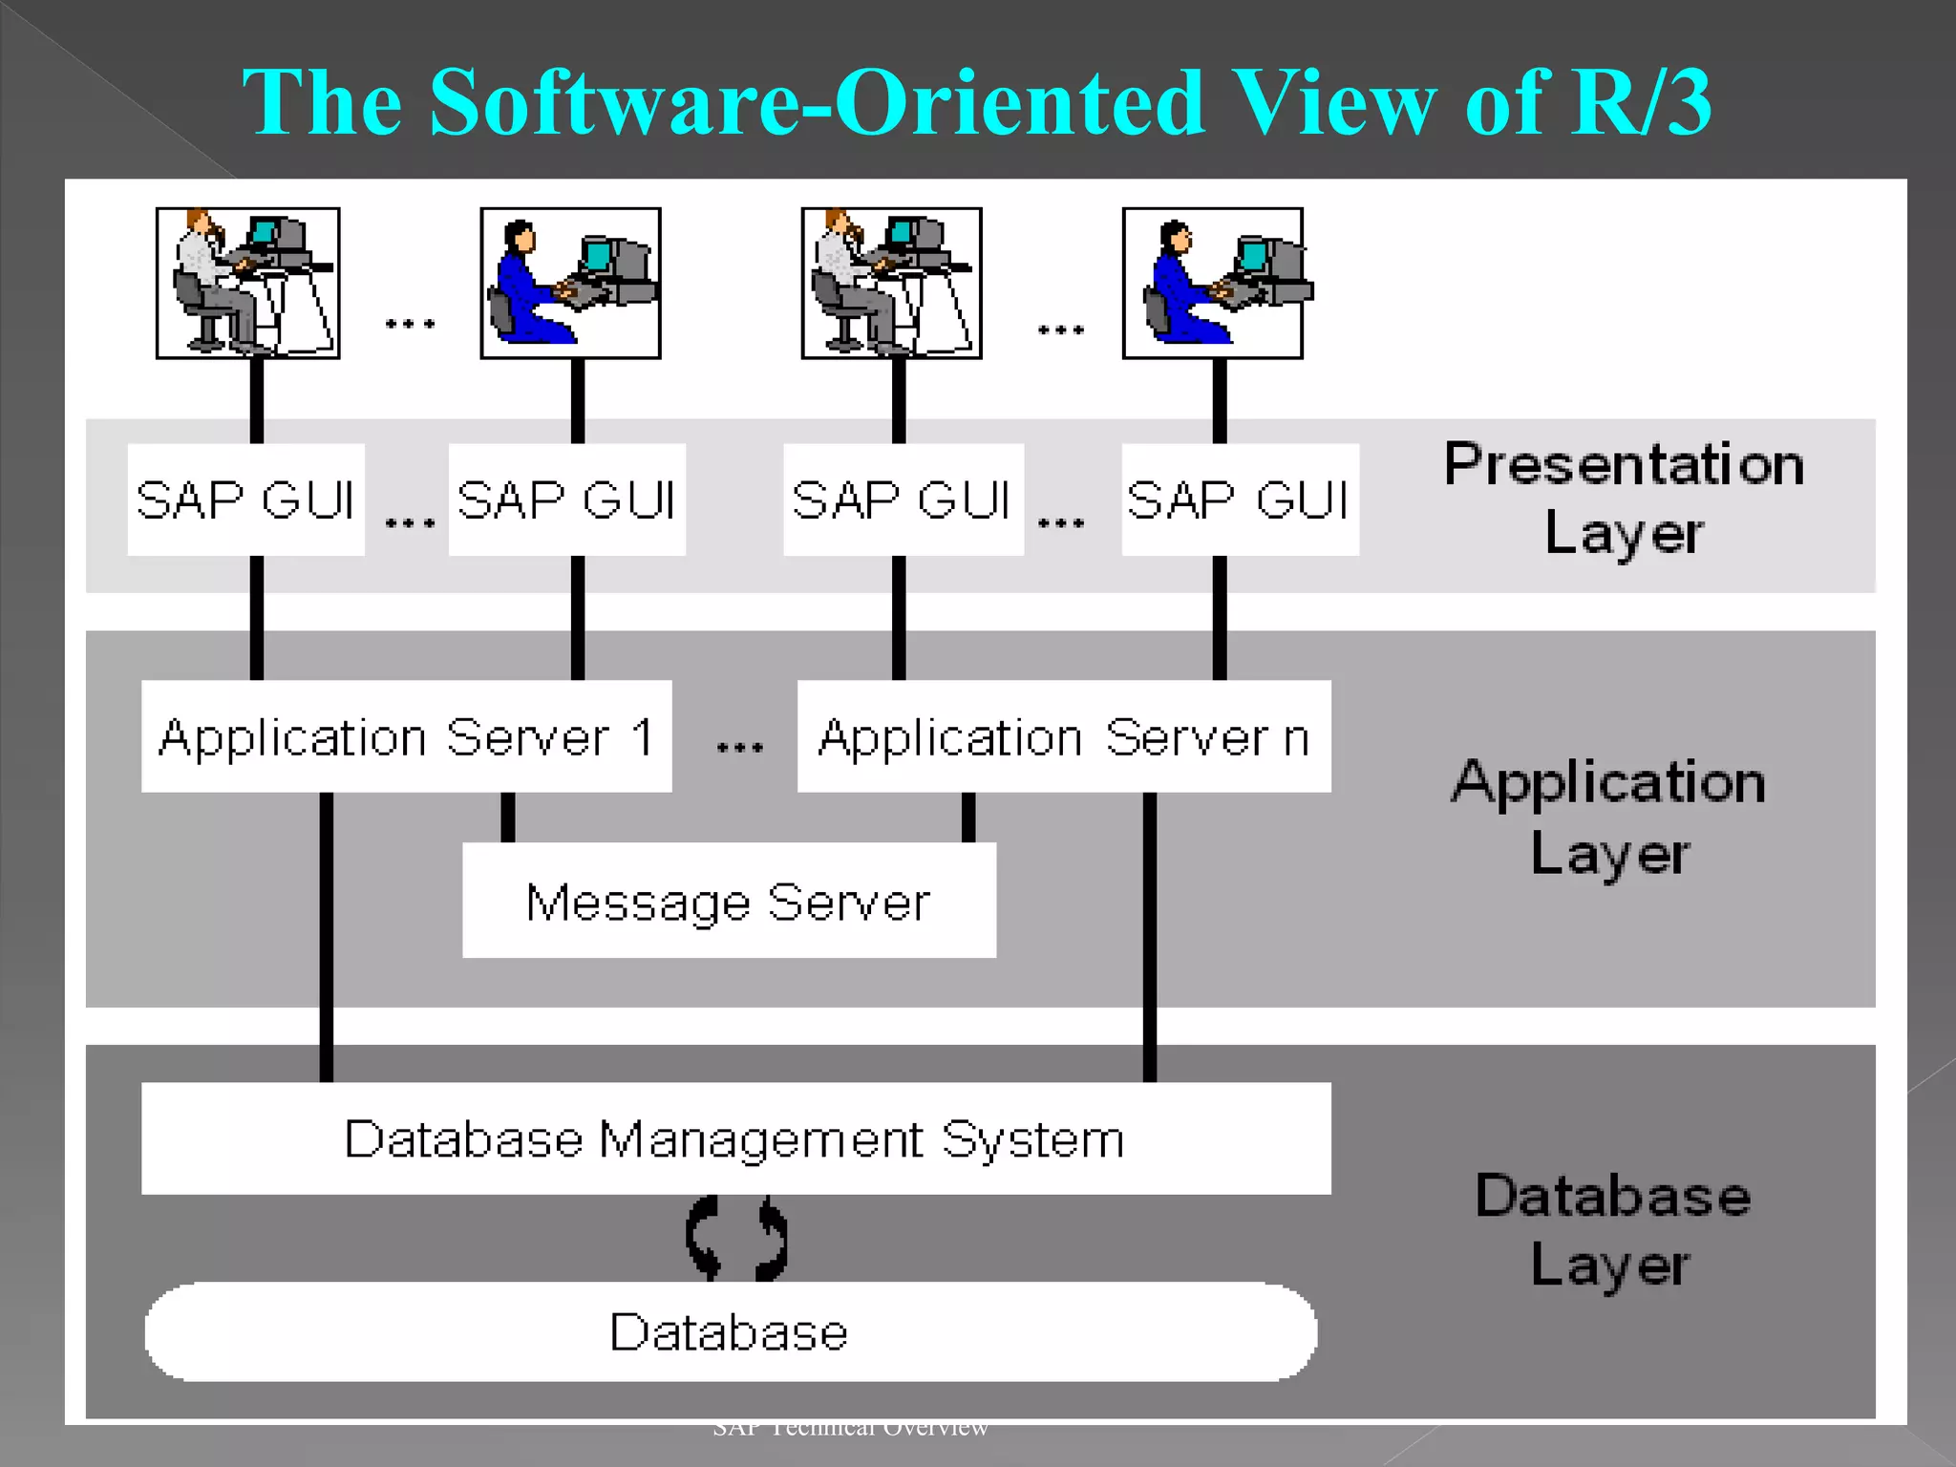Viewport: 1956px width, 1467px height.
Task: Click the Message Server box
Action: (x=729, y=900)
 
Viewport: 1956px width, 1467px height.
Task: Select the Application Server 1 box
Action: (x=406, y=736)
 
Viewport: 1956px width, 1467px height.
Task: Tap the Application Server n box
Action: (x=1063, y=736)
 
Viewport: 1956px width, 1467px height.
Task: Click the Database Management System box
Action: (x=735, y=1137)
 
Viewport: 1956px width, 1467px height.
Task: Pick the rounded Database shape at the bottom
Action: (x=731, y=1331)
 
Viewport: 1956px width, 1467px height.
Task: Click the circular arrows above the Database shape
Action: (x=736, y=1238)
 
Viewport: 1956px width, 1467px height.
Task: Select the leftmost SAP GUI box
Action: (x=245, y=500)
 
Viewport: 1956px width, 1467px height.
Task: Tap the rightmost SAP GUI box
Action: (x=1239, y=500)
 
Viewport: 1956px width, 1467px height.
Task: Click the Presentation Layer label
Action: (x=1624, y=498)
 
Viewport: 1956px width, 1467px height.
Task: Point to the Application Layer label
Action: (x=1609, y=817)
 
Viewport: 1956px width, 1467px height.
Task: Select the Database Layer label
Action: (x=1612, y=1230)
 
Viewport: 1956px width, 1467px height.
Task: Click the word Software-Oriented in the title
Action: (x=817, y=102)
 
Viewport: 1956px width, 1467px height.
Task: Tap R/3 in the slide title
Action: (x=1642, y=102)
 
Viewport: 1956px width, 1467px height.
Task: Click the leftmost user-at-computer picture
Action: (x=247, y=283)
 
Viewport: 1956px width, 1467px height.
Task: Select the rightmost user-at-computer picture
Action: (x=1212, y=283)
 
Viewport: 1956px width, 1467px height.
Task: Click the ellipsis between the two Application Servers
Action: (x=739, y=747)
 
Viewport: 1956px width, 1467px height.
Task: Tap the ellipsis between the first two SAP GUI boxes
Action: (x=410, y=522)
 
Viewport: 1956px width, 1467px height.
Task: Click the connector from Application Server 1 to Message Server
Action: (x=508, y=817)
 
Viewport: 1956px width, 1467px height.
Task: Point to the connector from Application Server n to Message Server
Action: (x=968, y=817)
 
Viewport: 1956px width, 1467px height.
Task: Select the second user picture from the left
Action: (x=570, y=283)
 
